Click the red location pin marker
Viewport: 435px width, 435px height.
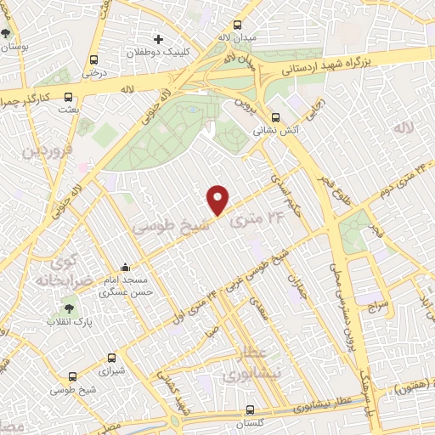tap(218, 200)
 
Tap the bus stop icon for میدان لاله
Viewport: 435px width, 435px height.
tap(235, 25)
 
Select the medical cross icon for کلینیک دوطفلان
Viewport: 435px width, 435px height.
tap(157, 39)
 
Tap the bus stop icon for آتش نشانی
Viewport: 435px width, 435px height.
tap(274, 118)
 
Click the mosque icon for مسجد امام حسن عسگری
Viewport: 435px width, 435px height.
tap(125, 268)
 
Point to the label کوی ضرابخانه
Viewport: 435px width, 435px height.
tap(59, 269)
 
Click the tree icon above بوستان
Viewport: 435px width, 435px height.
tap(7, 33)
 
